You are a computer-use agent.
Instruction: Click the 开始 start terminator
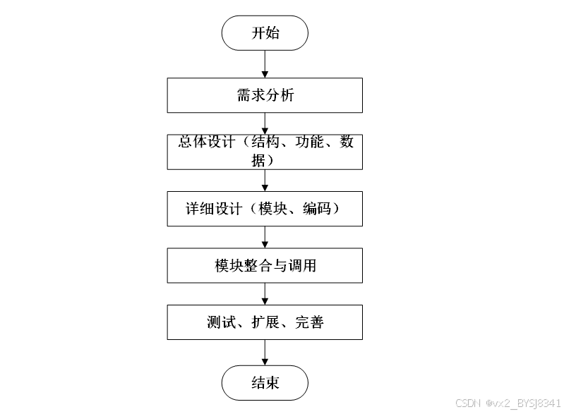[265, 33]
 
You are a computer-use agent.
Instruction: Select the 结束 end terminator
[265, 383]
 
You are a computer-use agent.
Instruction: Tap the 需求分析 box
[265, 95]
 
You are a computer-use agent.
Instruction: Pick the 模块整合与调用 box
[265, 265]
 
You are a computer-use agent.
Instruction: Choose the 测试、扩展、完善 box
[265, 322]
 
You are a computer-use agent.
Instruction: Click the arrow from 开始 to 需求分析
[265, 64]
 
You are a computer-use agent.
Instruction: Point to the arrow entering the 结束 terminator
[265, 353]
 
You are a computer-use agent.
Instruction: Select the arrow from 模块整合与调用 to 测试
[265, 293]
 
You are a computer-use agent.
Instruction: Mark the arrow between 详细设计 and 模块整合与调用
[265, 237]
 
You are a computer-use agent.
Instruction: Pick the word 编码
[317, 209]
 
